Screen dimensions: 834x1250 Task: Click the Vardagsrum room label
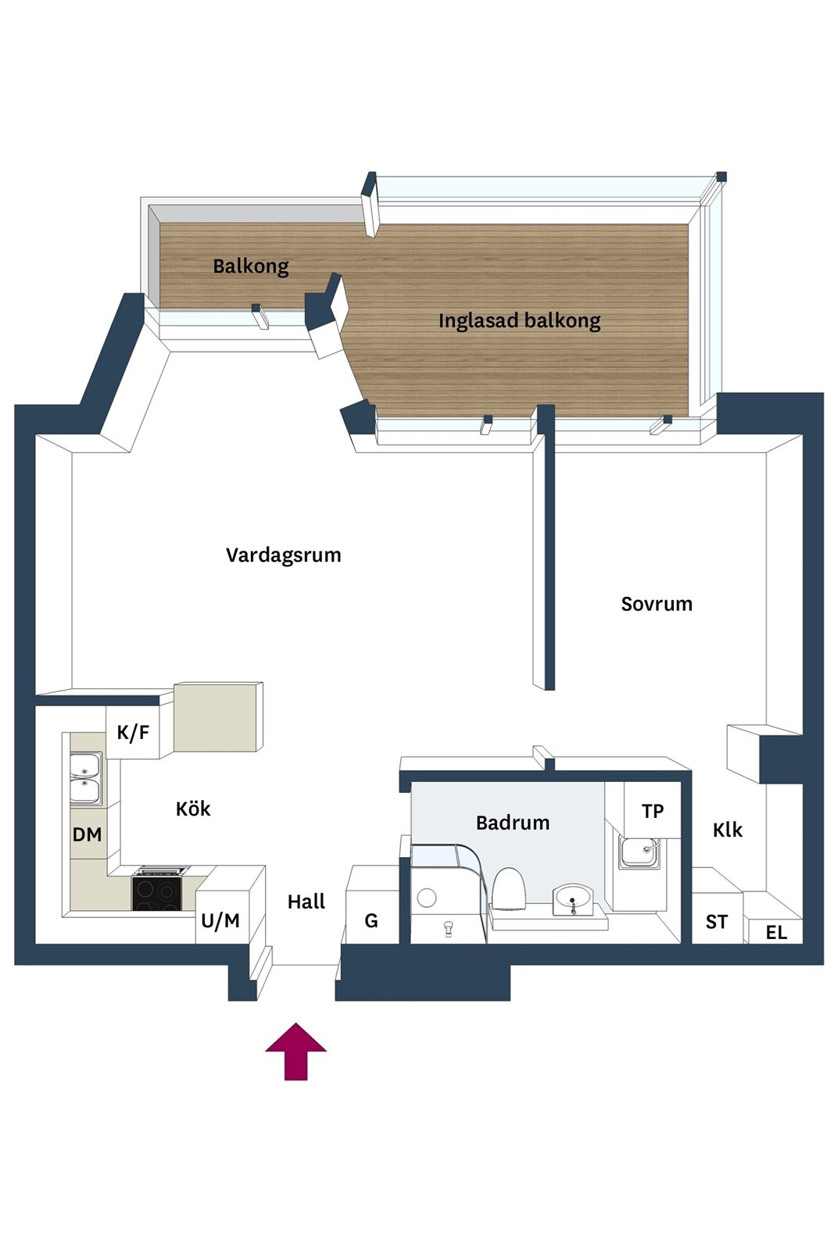284,555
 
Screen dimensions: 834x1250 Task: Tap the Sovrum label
657,604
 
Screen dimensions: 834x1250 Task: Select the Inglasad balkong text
519,321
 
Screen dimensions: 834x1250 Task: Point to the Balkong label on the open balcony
251,266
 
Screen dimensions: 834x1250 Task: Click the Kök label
193,809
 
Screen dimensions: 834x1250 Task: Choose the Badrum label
513,823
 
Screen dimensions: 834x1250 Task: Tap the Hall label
306,902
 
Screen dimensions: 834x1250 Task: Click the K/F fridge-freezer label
133,731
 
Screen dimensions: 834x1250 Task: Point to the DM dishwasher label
87,835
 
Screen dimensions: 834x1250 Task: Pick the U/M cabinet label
220,921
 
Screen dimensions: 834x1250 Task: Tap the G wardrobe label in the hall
371,920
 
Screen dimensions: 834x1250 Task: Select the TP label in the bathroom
653,811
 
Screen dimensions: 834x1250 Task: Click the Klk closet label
728,830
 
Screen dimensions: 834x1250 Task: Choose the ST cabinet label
716,922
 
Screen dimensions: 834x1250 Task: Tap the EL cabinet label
776,932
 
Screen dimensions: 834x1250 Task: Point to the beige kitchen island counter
218,716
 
